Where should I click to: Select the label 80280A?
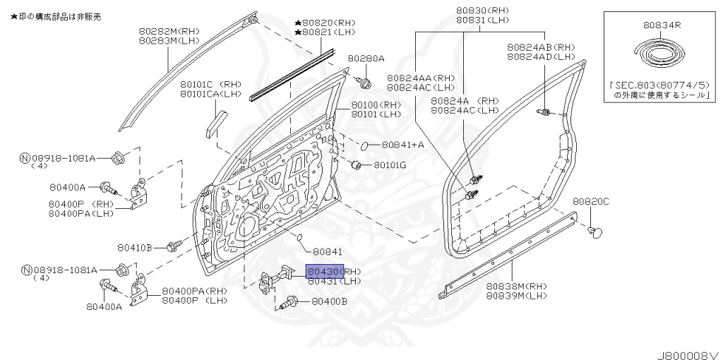366,59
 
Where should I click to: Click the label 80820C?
590,201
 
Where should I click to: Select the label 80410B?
136,247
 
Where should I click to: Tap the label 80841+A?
402,145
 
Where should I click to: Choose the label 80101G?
390,165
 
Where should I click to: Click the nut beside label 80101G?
357,165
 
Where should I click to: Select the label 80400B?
330,301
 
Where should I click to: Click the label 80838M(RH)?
516,286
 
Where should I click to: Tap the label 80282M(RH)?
169,32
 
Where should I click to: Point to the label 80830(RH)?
482,11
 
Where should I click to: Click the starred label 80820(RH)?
327,23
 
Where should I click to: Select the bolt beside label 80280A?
364,83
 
